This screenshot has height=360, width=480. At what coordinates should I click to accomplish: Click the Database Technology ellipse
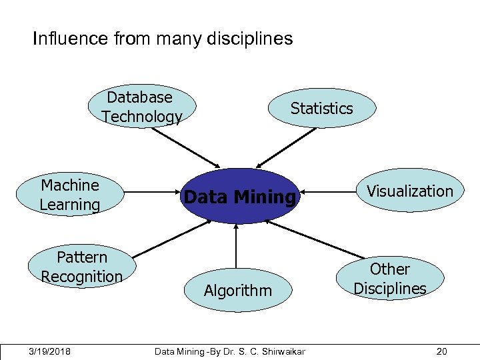pos(142,107)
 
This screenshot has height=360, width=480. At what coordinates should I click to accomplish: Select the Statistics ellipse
pos(321,108)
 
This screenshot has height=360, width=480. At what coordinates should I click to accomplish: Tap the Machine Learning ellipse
pos(70,195)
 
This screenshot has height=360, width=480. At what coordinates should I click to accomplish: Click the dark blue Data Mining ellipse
pos(238,197)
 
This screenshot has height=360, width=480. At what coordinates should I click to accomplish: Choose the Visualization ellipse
pos(409,191)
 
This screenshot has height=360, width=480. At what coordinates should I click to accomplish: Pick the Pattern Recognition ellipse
pos(82,267)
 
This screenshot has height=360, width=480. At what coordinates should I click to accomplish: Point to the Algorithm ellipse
pos(238,290)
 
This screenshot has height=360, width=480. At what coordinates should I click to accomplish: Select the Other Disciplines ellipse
pos(390,278)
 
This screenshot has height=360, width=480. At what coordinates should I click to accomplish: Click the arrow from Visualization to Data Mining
pos(327,192)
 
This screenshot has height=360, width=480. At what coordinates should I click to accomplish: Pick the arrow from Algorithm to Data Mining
pos(236,247)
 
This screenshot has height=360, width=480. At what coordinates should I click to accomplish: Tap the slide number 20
pos(441,351)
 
